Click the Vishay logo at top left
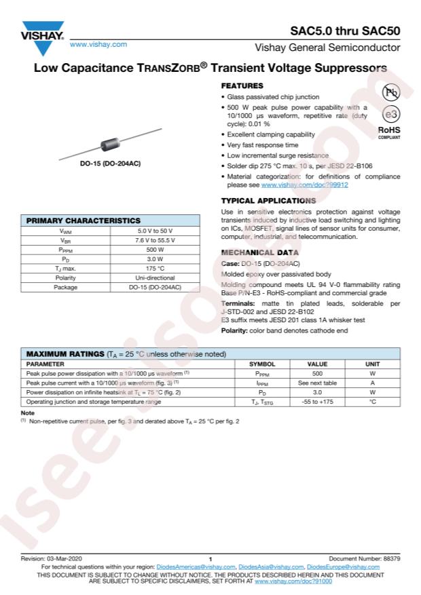click(42, 39)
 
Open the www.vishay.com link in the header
click(98, 44)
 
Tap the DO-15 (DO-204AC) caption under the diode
click(110, 164)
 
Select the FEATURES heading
click(242, 86)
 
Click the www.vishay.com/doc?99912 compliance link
click(304, 185)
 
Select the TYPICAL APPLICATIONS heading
click(268, 201)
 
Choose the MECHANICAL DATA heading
click(259, 252)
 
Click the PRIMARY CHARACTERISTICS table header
click(84, 220)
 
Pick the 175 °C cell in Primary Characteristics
click(155, 268)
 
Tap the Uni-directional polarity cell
click(155, 277)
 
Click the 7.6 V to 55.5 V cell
click(155, 240)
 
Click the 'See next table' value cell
click(317, 383)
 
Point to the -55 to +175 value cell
click(317, 402)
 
